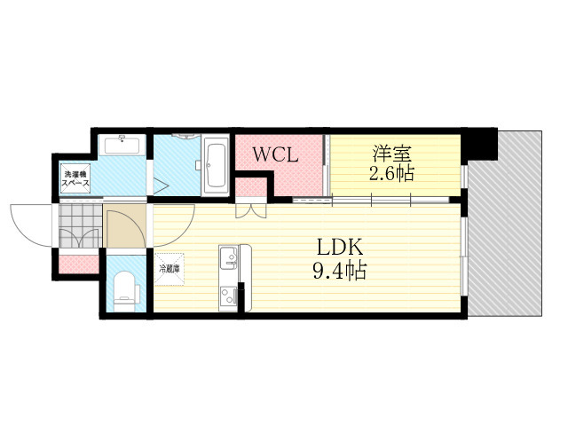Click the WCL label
(274, 154)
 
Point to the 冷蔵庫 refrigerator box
(170, 269)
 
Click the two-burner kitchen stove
(228, 296)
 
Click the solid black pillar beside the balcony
(481, 143)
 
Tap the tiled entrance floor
(79, 229)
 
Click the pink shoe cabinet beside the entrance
(79, 264)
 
